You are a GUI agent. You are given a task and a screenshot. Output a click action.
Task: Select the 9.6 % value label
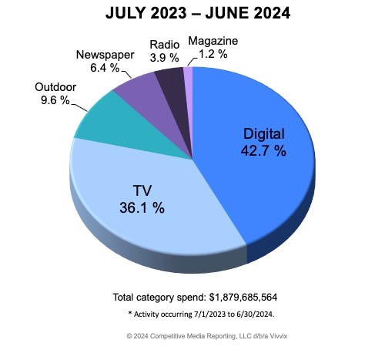pyautogui.click(x=54, y=99)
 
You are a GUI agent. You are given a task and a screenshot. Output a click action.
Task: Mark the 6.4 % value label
pyautogui.click(x=93, y=68)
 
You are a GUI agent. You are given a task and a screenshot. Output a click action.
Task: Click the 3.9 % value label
pyautogui.click(x=164, y=59)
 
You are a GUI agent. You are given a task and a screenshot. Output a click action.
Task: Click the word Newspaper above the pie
pyautogui.click(x=105, y=55)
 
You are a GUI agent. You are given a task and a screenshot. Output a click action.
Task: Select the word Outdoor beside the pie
pyautogui.click(x=56, y=86)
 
